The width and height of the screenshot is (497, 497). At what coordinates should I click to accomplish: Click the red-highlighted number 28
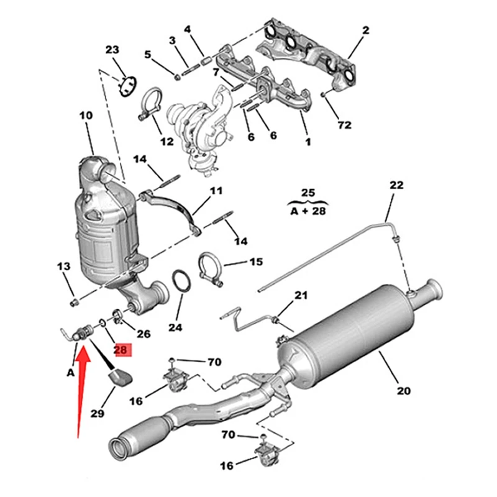(x=121, y=350)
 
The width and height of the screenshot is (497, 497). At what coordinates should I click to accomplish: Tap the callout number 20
(x=404, y=391)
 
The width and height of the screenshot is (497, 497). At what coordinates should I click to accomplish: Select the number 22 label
(x=396, y=185)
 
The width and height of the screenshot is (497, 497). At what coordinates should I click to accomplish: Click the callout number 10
(x=86, y=115)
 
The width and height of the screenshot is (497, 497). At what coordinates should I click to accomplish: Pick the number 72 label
(x=344, y=125)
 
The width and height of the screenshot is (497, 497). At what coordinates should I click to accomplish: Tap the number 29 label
(x=97, y=414)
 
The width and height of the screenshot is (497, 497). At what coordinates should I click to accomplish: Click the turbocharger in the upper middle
(x=202, y=124)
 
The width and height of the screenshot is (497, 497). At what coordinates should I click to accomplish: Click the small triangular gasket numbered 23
(x=128, y=85)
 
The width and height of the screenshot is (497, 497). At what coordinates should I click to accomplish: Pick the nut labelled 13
(x=73, y=302)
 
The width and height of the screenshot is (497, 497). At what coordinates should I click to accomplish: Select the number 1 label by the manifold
(x=307, y=142)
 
